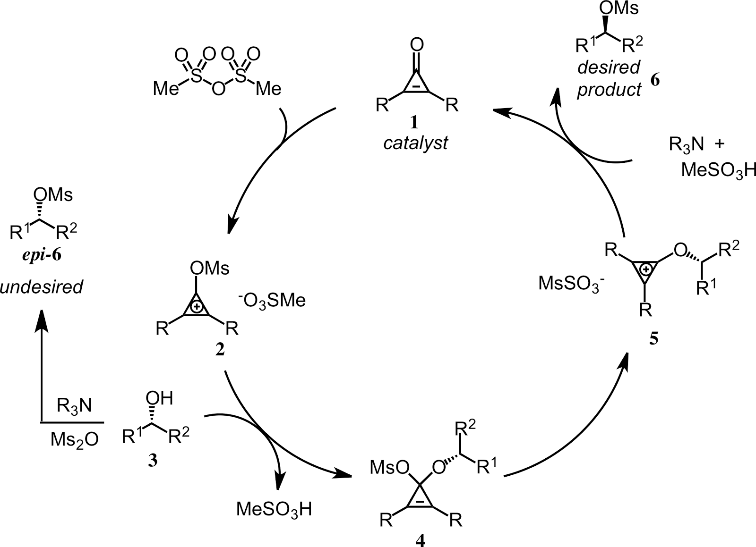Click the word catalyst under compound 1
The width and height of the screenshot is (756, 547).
tap(415, 143)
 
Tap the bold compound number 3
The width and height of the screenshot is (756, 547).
tap(152, 462)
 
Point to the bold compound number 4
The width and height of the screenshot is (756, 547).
tap(420, 539)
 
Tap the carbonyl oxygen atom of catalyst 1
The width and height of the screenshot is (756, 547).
tap(416, 45)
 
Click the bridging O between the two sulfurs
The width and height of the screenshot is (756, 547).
tap(218, 89)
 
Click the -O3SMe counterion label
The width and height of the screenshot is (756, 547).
tap(272, 300)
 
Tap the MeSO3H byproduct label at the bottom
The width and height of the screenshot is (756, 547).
tap(274, 510)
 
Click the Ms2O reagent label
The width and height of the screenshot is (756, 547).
tap(74, 440)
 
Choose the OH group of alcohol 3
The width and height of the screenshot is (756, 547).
tap(158, 399)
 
